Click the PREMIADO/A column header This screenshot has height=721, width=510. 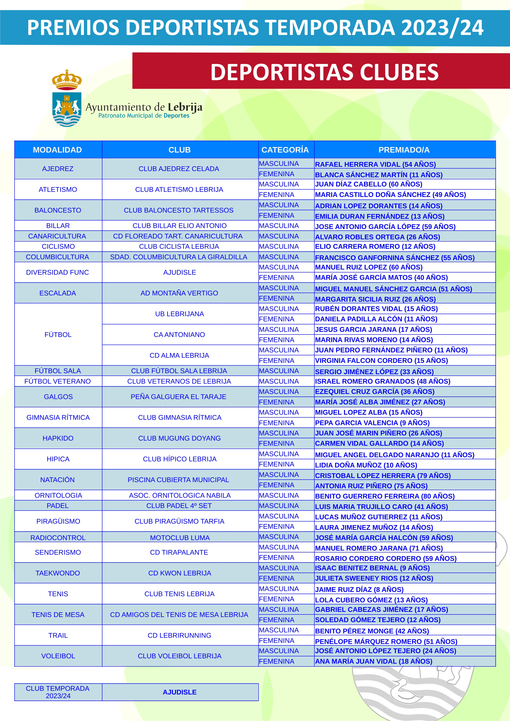tap(404, 150)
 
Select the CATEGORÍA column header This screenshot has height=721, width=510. tap(285, 150)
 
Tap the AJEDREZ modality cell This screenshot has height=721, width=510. tap(58, 169)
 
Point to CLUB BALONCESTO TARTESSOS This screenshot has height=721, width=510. tap(179, 210)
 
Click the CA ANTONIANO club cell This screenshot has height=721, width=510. tap(179, 334)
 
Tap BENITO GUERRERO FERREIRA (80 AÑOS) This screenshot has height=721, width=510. tap(385, 496)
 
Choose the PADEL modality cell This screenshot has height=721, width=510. tap(58, 506)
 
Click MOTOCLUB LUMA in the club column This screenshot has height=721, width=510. tap(180, 538)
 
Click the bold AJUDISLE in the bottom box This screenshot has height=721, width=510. tap(180, 692)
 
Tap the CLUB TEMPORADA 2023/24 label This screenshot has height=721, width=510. tap(58, 692)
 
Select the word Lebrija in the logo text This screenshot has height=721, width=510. tap(185, 107)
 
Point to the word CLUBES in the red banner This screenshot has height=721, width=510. tap(399, 72)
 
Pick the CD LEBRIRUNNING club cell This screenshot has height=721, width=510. tap(179, 635)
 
